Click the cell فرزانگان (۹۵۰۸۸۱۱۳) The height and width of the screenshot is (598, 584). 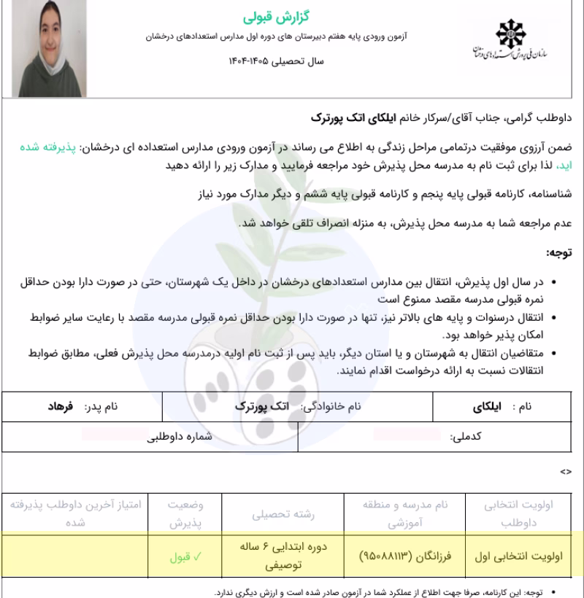(406, 556)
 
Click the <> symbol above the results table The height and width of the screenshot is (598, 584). (565, 473)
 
